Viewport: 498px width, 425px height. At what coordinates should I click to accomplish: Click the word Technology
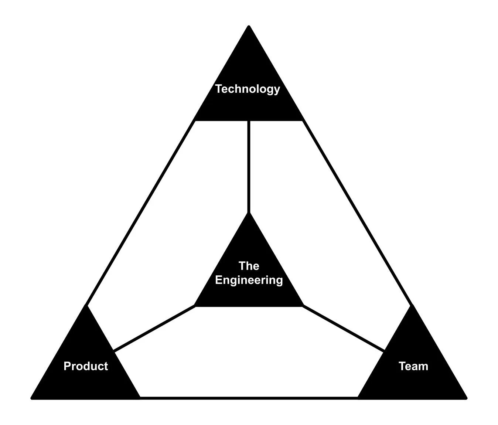[248, 89]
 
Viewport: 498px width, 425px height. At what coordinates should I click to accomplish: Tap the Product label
[86, 366]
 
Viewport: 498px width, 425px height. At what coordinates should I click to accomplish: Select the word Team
[413, 366]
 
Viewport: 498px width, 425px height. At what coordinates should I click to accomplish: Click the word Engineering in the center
[249, 280]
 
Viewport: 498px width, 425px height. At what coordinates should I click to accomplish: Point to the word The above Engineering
[249, 266]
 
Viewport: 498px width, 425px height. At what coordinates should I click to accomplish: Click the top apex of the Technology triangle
[249, 27]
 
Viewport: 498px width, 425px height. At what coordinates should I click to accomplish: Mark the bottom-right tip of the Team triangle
[465, 398]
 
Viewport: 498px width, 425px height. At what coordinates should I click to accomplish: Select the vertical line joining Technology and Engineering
[249, 166]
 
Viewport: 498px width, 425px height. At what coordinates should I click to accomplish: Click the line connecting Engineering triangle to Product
[154, 328]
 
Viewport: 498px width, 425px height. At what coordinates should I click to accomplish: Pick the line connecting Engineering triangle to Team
[344, 328]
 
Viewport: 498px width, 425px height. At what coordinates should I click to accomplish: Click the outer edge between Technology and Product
[140, 213]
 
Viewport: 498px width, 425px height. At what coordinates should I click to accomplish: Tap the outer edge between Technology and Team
[357, 213]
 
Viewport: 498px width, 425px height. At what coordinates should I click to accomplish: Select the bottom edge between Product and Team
[249, 398]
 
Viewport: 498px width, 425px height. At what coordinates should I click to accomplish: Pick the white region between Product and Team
[249, 355]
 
